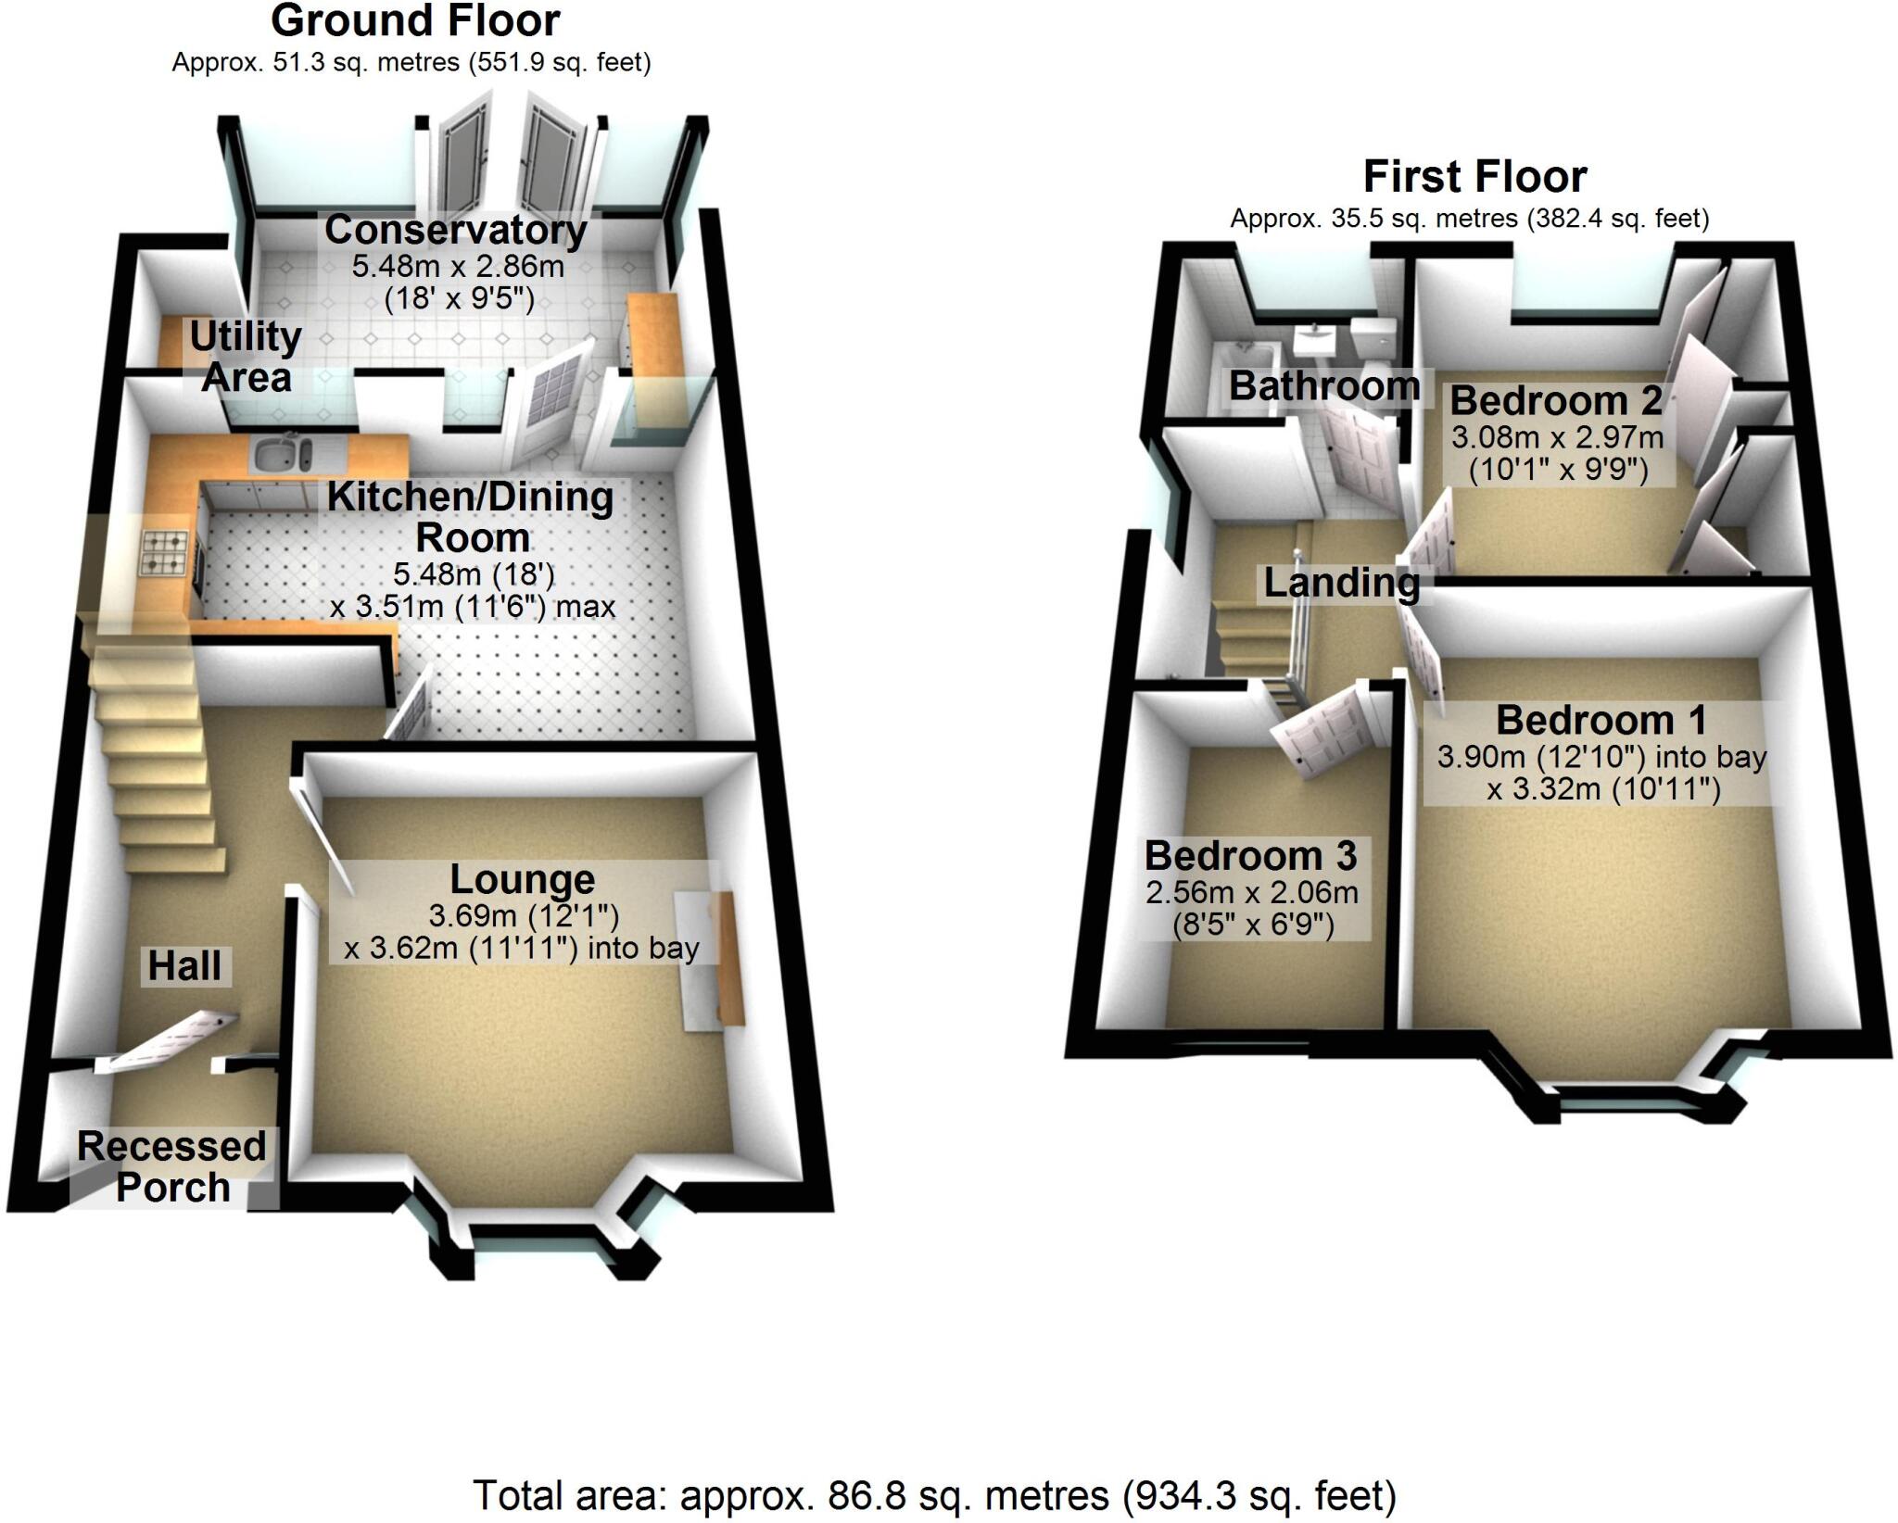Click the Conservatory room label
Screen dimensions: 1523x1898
click(455, 230)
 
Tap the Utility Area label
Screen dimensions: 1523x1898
click(246, 357)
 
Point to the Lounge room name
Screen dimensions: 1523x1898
click(522, 879)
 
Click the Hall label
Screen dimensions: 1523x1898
click(184, 966)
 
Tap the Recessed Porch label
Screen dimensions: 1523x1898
click(172, 1166)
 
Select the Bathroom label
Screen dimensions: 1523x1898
click(1323, 386)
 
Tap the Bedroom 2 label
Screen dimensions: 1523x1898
click(1556, 401)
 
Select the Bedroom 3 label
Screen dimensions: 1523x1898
click(1250, 856)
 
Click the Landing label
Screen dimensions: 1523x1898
click(1341, 583)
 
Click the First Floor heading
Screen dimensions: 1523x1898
click(1474, 177)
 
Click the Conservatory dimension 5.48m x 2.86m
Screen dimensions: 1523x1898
click(458, 267)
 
